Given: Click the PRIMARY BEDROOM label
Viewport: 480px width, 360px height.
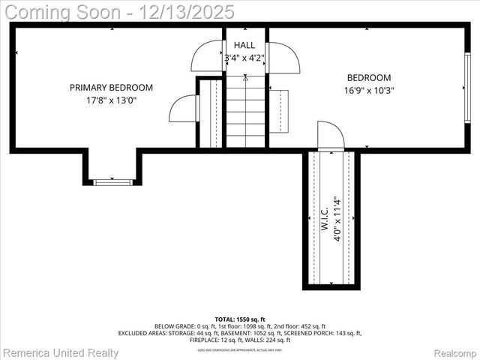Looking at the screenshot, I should pos(111,88).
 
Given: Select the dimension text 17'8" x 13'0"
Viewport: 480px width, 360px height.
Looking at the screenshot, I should pos(111,100).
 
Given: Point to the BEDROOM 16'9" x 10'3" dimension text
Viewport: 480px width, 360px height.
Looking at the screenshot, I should pos(368,90).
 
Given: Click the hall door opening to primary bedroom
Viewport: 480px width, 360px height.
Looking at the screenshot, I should pos(208,57).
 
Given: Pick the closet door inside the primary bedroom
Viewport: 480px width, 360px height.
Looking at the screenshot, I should pos(183,109).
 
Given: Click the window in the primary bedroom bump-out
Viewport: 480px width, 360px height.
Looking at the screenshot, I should pos(112,181).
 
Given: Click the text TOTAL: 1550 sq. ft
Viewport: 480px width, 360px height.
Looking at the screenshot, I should pos(240,319).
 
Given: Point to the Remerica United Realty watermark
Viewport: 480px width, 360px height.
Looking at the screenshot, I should pos(61,352).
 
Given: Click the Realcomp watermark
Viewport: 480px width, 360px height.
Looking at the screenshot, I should pos(454,352).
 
